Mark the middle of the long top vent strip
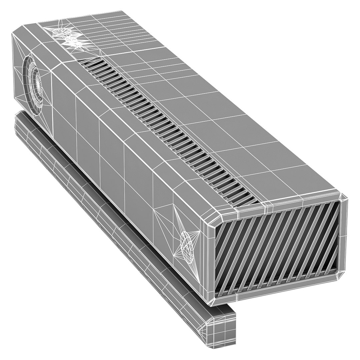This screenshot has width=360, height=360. coord(167,130)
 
